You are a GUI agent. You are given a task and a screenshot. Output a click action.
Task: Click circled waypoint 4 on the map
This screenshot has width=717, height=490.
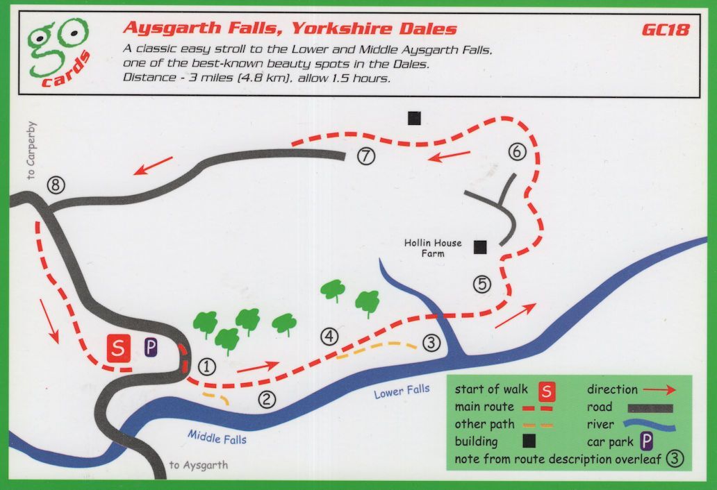[x=329, y=337]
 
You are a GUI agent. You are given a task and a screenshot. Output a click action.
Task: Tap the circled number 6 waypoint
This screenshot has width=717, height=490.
[x=518, y=151]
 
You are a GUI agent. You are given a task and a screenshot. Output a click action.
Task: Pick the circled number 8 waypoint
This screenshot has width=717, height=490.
[x=56, y=185]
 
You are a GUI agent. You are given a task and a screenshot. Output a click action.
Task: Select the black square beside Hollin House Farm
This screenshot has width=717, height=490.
[x=479, y=246]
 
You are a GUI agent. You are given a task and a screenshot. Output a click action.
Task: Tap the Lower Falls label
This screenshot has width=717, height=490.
[x=402, y=391]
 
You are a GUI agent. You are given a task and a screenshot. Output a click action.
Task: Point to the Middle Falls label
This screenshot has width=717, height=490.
[x=217, y=437]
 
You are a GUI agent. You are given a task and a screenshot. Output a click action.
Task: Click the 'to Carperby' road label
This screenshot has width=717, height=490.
[x=31, y=151]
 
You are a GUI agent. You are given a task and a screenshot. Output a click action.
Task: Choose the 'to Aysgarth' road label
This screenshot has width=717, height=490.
[x=198, y=465]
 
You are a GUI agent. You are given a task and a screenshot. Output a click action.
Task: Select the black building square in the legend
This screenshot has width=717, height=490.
[x=528, y=441]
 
